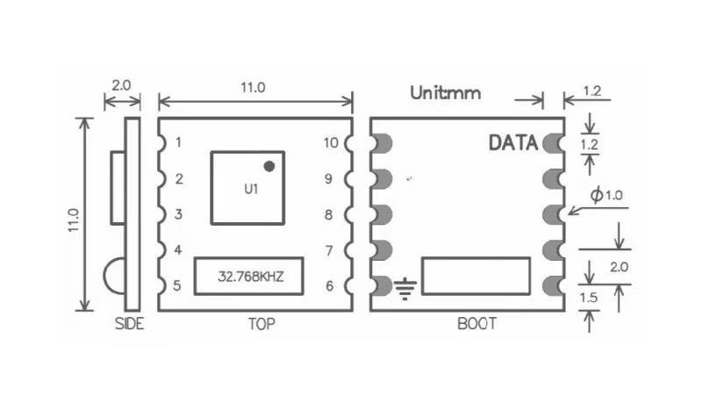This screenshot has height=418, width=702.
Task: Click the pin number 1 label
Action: (x=179, y=142)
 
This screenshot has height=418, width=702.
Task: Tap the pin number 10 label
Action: (x=331, y=143)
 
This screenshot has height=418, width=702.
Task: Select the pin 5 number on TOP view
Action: (x=177, y=285)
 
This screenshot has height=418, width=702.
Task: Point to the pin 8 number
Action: (x=328, y=215)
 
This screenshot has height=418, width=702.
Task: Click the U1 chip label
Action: (x=251, y=189)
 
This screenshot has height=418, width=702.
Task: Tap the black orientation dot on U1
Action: (x=269, y=166)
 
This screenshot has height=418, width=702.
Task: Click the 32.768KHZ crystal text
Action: (x=251, y=277)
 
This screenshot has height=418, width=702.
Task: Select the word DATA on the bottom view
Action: (x=513, y=143)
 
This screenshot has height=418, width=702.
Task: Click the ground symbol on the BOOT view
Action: (x=405, y=289)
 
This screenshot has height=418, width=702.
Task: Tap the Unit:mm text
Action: (x=446, y=93)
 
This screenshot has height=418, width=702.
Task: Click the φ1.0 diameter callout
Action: (x=606, y=195)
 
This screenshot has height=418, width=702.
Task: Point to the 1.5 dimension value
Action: (x=589, y=298)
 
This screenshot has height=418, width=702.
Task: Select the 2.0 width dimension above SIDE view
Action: (x=121, y=85)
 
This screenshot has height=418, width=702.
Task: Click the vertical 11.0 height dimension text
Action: (x=74, y=220)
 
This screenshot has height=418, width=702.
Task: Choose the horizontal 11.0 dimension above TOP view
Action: (x=253, y=87)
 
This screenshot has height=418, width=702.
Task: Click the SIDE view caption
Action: (x=129, y=323)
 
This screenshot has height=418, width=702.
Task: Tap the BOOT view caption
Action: (x=476, y=323)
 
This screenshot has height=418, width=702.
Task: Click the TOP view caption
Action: (x=261, y=323)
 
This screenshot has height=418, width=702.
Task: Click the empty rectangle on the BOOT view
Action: (x=476, y=276)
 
